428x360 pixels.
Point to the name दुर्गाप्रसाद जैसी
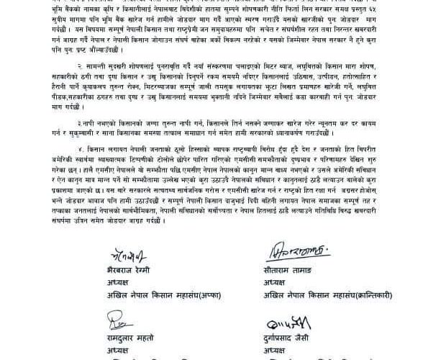coord(293,336)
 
